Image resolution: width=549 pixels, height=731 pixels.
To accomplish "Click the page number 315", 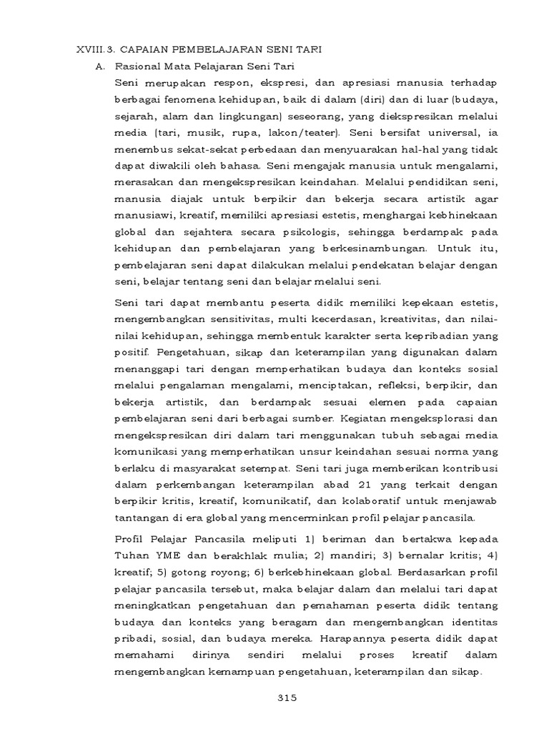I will (x=287, y=697).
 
